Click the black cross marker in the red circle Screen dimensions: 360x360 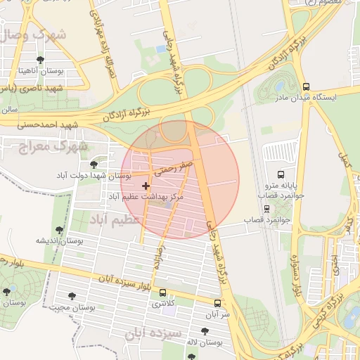(x=146, y=186)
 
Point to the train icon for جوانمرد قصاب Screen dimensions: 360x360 (x=266, y=208)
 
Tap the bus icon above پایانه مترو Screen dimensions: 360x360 (x=281, y=174)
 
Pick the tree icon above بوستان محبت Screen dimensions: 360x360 (x=72, y=296)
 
